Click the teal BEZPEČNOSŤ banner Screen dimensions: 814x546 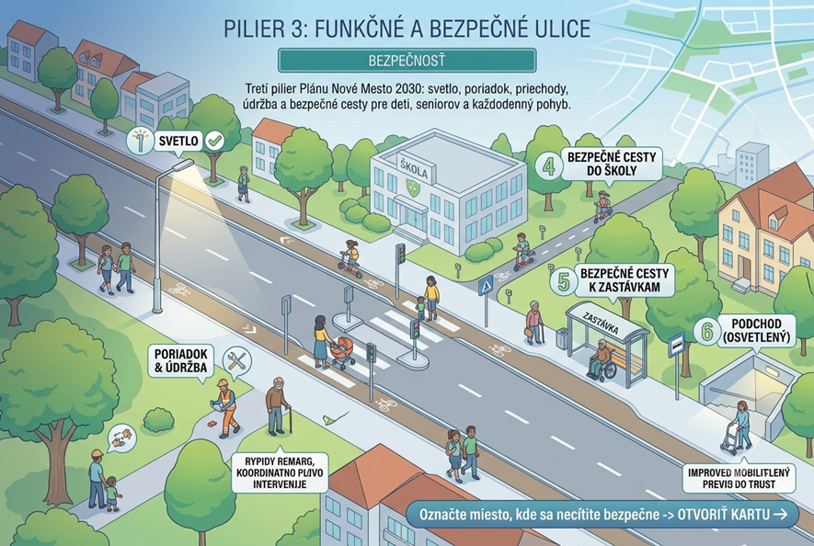coord(407,60)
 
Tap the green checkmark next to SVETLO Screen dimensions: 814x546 coord(214,140)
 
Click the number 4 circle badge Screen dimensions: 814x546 coord(549,166)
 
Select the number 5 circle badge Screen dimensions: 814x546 coord(563,282)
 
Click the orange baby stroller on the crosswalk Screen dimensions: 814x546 coord(342,352)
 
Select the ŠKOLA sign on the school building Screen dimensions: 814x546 coord(414,168)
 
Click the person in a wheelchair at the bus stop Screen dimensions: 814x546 coord(602,359)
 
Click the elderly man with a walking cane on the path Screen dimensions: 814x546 coord(279,406)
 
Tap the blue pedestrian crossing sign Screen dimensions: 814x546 coord(486,286)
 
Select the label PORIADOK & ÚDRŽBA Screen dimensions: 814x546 coord(180,360)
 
